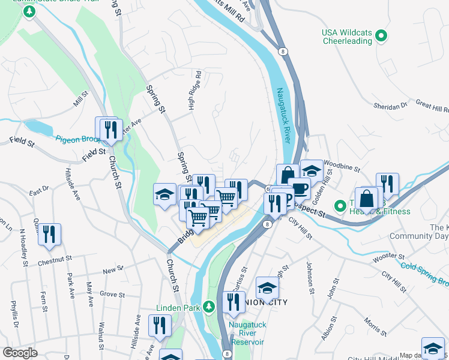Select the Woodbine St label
(x=342, y=162)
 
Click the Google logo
(x=20, y=353)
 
